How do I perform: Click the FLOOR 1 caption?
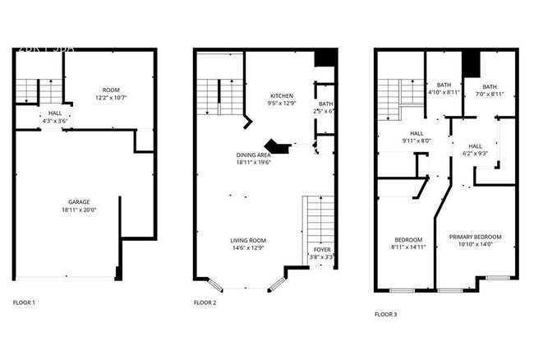click(24, 303)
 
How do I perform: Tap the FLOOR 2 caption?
click(205, 303)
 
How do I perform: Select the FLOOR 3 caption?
click(385, 314)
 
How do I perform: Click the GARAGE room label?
click(79, 201)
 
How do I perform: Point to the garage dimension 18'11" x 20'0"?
click(79, 210)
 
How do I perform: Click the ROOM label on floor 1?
click(110, 90)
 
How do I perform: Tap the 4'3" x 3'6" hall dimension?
click(55, 122)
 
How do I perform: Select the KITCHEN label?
click(283, 95)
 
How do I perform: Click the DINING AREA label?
click(253, 155)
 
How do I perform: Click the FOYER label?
click(322, 249)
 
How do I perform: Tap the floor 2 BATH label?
click(325, 104)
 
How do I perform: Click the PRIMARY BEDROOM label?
click(475, 237)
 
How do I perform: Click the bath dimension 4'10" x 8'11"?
click(444, 92)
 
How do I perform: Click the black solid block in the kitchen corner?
click(326, 58)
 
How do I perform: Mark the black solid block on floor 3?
click(471, 62)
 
